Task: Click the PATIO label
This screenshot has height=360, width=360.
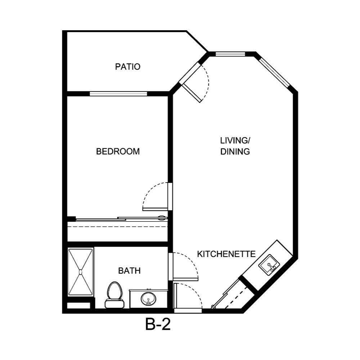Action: click(127, 67)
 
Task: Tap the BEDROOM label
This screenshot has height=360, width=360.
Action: click(118, 152)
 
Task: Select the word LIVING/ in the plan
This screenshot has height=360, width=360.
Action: click(235, 140)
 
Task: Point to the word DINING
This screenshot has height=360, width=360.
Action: click(235, 152)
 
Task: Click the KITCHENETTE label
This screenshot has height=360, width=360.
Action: click(226, 254)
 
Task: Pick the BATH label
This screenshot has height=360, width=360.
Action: click(129, 271)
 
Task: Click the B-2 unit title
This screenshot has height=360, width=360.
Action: click(158, 325)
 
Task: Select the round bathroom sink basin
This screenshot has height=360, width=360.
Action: click(148, 298)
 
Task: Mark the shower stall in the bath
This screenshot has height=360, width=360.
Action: click(81, 272)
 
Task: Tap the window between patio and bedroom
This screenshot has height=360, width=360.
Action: click(118, 94)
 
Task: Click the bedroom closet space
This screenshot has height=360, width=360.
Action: click(118, 230)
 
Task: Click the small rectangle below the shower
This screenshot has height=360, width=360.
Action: click(78, 306)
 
